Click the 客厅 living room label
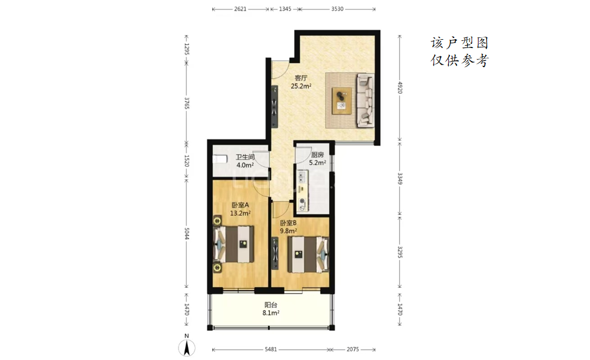301,78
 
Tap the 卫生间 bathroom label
245,157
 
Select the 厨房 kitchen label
317,155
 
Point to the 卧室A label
240,205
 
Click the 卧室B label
288,223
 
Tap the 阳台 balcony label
271,305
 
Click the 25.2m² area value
301,86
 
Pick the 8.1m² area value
271,313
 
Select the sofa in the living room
365,100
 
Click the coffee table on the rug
342,101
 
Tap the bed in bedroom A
234,244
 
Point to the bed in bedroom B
308,254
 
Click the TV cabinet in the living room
275,107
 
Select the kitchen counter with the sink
303,190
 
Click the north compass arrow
187,347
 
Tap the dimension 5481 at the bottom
271,349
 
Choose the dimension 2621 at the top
240,9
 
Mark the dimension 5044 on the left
187,233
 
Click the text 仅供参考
460,60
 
